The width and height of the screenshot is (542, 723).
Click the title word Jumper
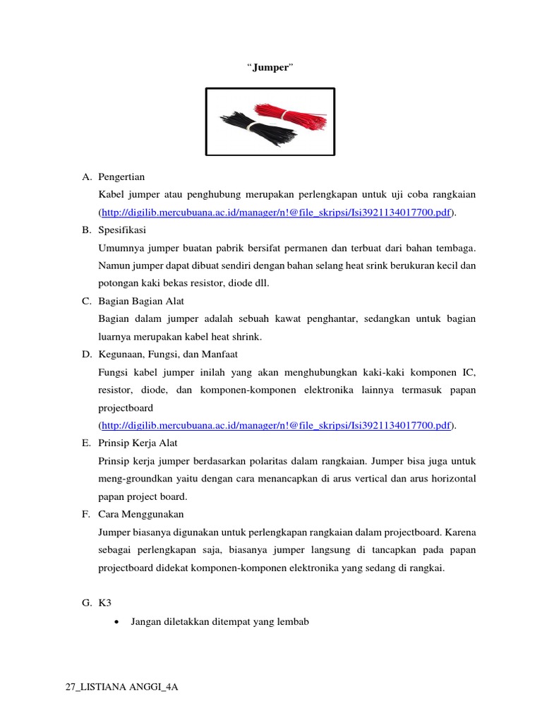click(270, 67)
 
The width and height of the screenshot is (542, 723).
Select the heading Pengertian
click(121, 177)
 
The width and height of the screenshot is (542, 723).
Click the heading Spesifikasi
click(123, 230)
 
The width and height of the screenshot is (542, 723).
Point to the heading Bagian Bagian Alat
click(141, 301)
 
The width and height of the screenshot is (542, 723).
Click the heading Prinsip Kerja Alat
click(138, 443)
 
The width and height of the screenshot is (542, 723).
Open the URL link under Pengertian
click(276, 213)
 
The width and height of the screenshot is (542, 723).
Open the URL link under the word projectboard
click(276, 425)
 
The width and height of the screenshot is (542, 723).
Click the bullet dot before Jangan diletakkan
click(116, 621)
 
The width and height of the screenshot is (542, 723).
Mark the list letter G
click(86, 603)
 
